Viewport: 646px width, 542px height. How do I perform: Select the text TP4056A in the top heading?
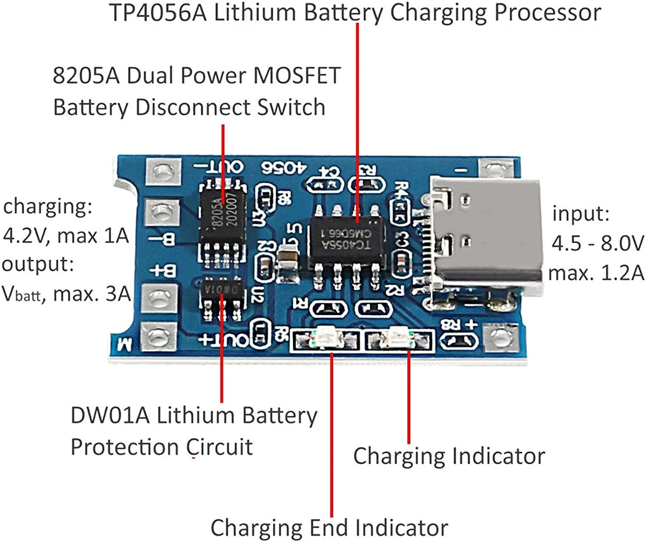(x=159, y=13)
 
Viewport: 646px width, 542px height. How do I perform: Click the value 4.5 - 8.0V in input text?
(x=598, y=244)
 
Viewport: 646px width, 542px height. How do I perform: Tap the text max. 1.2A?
(x=596, y=272)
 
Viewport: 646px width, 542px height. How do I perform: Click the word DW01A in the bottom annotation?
(x=110, y=416)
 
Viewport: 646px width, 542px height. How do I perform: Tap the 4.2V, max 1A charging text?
(x=66, y=235)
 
